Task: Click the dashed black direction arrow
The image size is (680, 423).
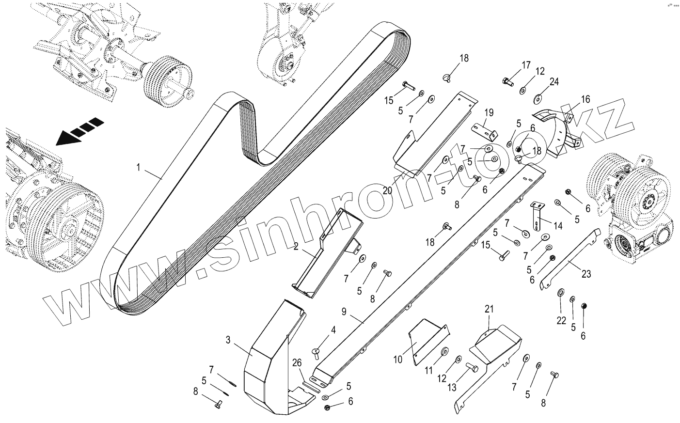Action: (x=79, y=130)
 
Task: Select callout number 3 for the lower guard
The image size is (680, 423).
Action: (x=228, y=339)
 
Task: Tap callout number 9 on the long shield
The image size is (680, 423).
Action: (x=344, y=312)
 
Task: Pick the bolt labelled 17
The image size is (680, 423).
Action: (x=507, y=81)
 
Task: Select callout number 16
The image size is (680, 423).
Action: (x=585, y=99)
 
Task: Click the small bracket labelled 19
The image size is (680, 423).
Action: (x=485, y=130)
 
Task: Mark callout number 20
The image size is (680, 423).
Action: (x=387, y=190)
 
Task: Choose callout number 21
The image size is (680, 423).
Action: (x=489, y=309)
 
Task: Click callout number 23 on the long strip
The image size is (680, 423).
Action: (x=586, y=274)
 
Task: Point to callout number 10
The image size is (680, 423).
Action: (x=398, y=360)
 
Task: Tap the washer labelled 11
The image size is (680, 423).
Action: (x=444, y=350)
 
